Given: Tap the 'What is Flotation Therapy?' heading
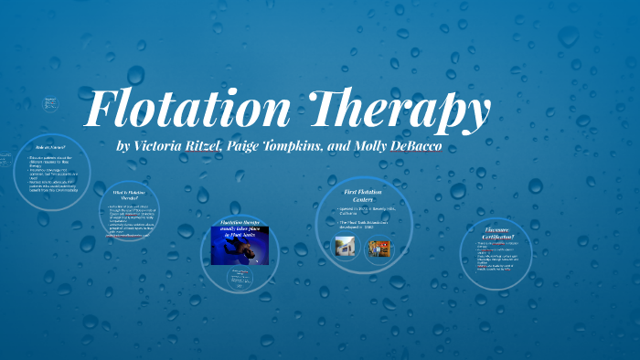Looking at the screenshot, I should [130, 196].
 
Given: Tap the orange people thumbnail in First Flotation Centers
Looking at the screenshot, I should [379, 248].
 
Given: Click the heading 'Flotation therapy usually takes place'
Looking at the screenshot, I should [240, 228].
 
